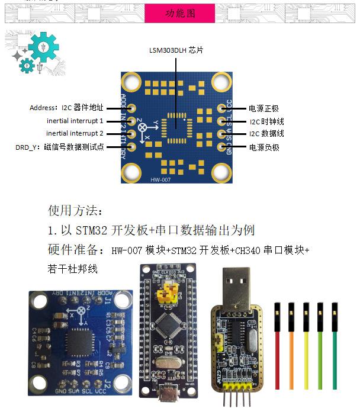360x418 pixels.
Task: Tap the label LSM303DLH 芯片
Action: click(x=176, y=51)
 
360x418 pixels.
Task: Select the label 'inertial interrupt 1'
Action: click(x=75, y=121)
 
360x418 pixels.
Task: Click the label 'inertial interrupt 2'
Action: click(x=75, y=134)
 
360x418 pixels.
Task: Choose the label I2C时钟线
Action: click(x=266, y=121)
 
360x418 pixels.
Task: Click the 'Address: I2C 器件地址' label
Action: click(x=66, y=108)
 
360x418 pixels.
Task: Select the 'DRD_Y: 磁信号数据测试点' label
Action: click(x=60, y=147)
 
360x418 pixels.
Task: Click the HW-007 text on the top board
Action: click(x=160, y=179)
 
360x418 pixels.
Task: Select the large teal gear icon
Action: click(x=43, y=46)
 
